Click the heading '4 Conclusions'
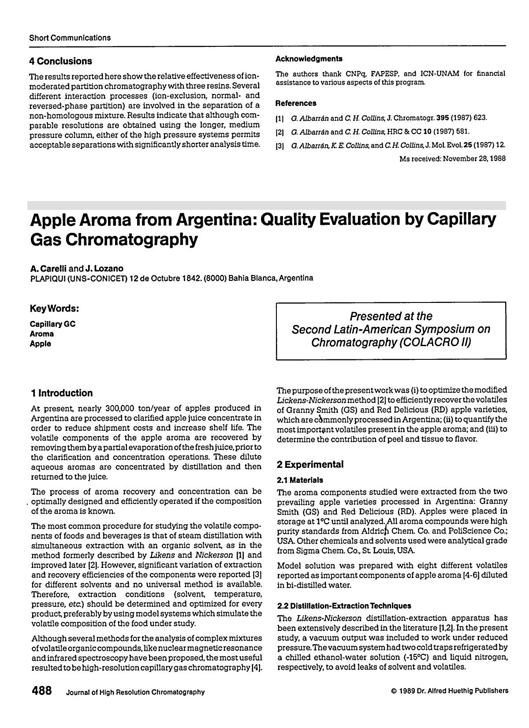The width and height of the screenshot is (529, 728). point(60,61)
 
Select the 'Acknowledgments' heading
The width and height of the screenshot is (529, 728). point(309,59)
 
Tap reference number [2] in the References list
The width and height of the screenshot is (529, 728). point(279,131)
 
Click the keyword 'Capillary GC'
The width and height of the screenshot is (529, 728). point(52,324)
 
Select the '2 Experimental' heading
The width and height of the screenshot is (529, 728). point(310,464)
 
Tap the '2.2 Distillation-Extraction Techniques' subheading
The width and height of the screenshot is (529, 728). point(344,606)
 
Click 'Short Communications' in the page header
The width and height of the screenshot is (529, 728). point(70,38)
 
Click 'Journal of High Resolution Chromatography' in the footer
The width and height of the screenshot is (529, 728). point(135,692)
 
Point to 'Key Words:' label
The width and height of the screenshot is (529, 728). point(54,308)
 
